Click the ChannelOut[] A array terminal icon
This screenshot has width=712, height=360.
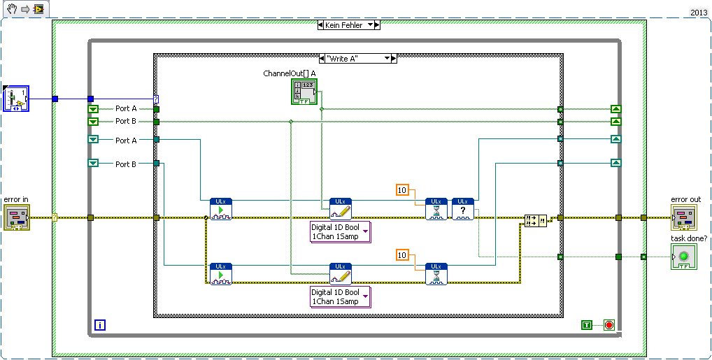pos(304,92)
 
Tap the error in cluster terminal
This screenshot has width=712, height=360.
pos(16,217)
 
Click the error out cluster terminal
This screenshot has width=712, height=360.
pos(685,217)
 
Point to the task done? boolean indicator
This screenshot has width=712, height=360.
pos(685,257)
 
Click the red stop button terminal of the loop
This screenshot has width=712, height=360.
pos(608,325)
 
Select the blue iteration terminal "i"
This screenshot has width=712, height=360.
pos(100,325)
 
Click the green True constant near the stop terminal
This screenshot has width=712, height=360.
pos(587,325)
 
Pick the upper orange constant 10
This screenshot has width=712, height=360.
pos(401,190)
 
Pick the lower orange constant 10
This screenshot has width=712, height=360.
pos(401,255)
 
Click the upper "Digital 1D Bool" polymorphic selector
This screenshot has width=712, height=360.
pos(340,231)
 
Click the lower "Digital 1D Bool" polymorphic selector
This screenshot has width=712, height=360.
pos(340,296)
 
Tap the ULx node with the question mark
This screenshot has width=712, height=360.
pos(462,209)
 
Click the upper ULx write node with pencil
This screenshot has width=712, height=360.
pos(341,209)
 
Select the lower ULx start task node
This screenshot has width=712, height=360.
pos(220,274)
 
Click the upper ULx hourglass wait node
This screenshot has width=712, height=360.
pos(436,209)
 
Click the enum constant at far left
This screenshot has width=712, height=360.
pos(16,99)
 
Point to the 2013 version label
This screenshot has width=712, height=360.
pos(699,13)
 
